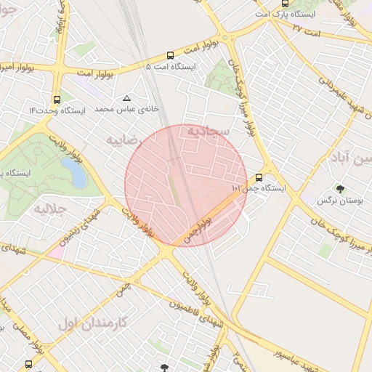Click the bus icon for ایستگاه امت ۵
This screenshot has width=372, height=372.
point(170,54)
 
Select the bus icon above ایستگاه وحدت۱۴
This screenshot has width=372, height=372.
point(57,99)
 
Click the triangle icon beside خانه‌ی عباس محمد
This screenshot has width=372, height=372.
point(128,97)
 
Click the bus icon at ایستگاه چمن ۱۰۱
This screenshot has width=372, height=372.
point(259,177)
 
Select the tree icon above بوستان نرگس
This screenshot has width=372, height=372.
point(341,188)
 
